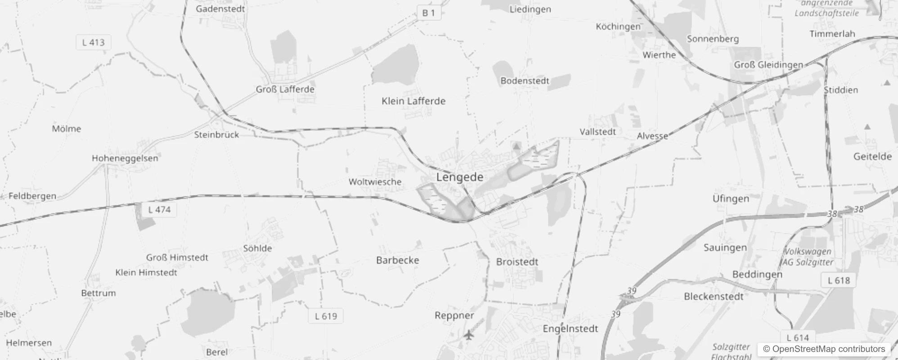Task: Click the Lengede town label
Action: tap(459, 177)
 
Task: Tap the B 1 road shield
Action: tap(428, 13)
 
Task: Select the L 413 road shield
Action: tap(93, 43)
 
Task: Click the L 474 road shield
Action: tap(159, 210)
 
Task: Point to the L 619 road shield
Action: tap(326, 316)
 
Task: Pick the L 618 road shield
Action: tap(839, 281)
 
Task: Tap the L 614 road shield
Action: tap(798, 337)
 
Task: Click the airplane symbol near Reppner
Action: tap(469, 335)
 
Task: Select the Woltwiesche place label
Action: tap(375, 182)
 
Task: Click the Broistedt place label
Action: tap(517, 262)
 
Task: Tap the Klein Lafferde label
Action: tap(413, 101)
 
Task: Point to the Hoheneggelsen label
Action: tap(125, 158)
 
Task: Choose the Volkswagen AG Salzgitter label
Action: tap(808, 257)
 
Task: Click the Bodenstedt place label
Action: tap(525, 81)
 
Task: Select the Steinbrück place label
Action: tap(216, 135)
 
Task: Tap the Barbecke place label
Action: tap(397, 260)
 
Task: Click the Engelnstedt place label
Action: tap(570, 329)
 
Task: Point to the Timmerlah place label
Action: tap(832, 34)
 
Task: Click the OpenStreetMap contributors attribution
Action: tap(824, 349)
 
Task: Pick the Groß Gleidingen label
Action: tap(768, 65)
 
